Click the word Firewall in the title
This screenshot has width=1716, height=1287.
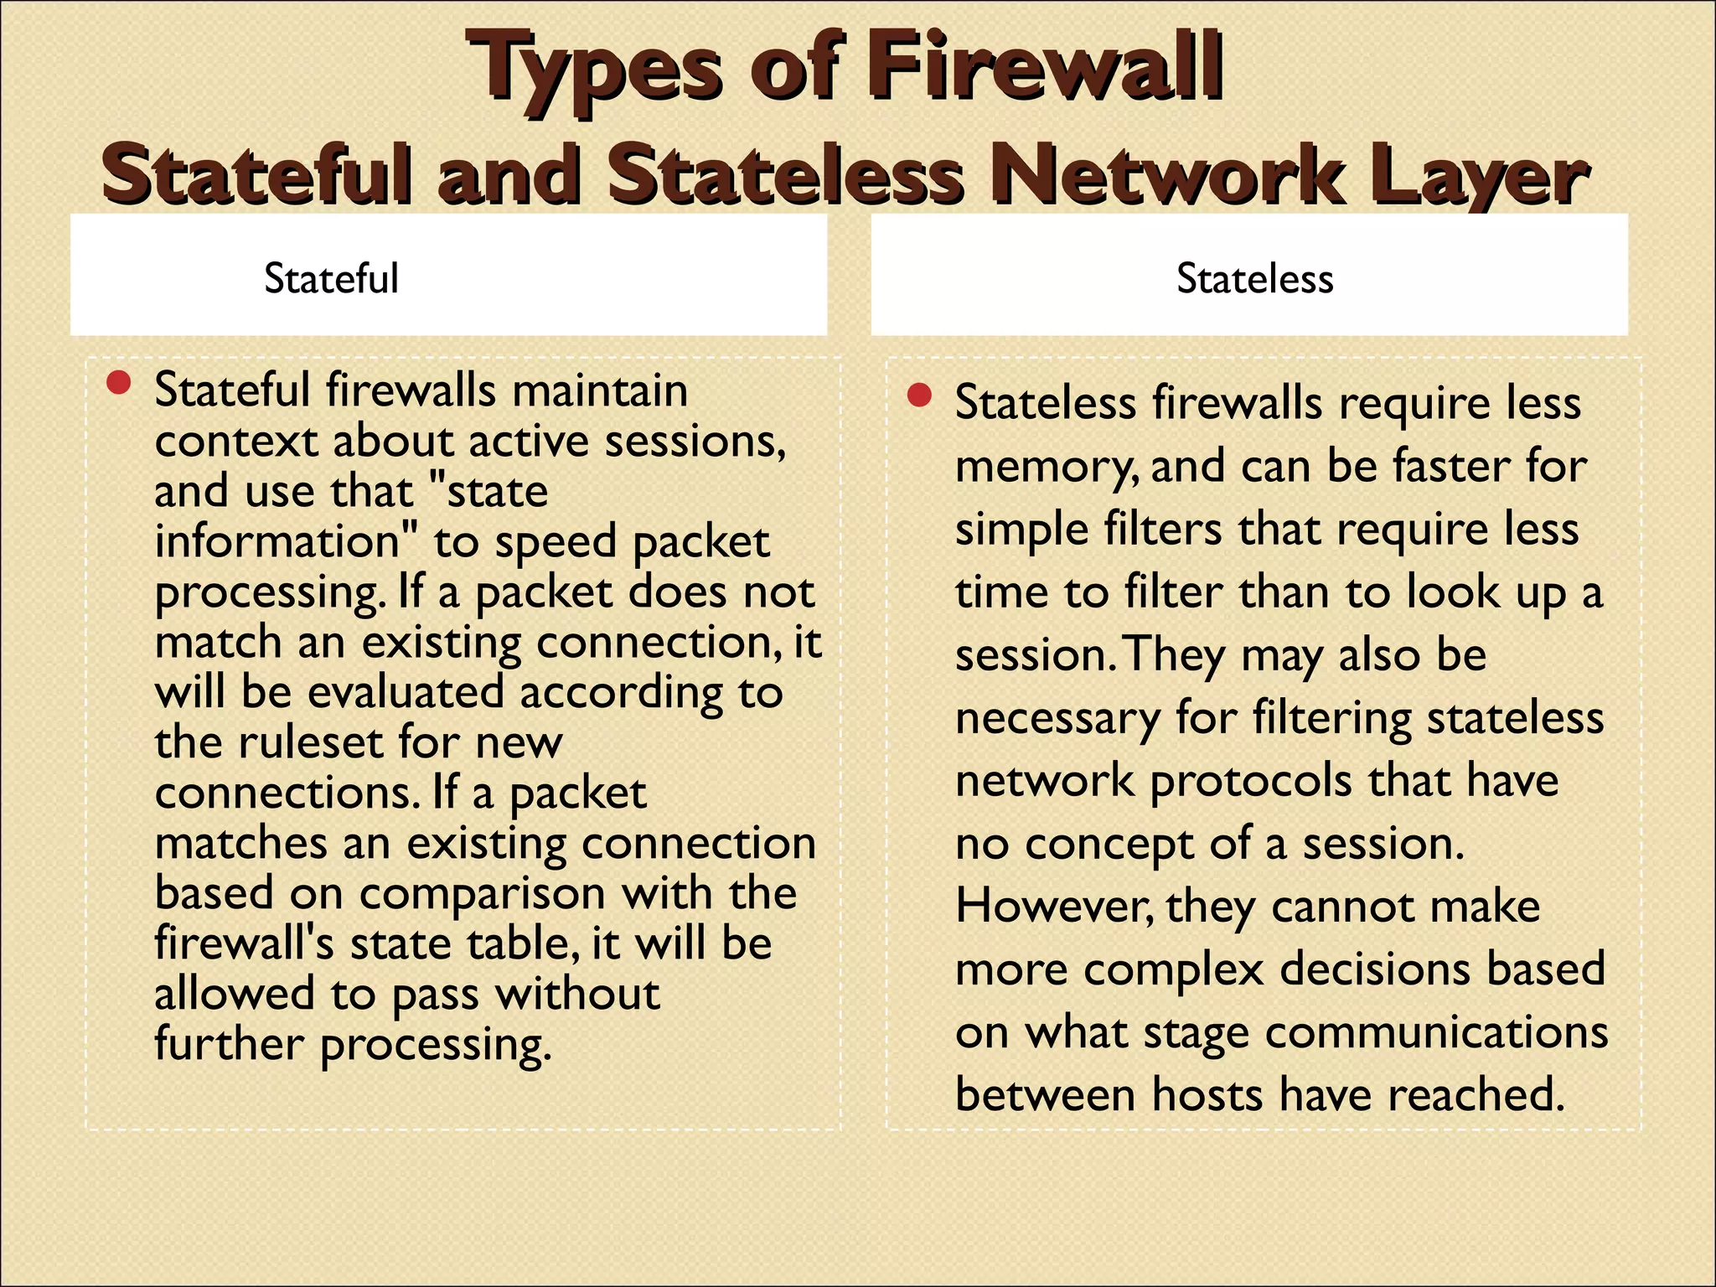pyautogui.click(x=1043, y=67)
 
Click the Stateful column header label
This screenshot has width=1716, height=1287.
pyautogui.click(x=331, y=278)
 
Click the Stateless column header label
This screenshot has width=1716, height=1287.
pyautogui.click(x=1254, y=278)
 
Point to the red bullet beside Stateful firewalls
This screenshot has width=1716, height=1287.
pyautogui.click(x=119, y=384)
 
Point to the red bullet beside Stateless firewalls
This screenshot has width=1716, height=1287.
pyautogui.click(x=919, y=395)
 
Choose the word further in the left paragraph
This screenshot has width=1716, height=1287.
pyautogui.click(x=229, y=1045)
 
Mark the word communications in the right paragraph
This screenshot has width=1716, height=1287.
pyautogui.click(x=1436, y=1033)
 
